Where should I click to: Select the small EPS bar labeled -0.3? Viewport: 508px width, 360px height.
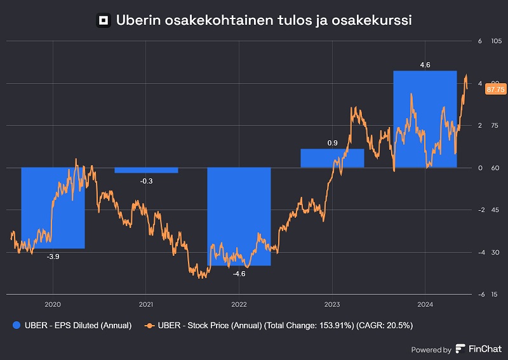[146, 170]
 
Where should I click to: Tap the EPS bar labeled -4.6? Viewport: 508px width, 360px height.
[239, 217]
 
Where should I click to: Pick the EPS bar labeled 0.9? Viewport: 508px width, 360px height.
[332, 158]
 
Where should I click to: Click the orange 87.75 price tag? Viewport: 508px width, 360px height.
[495, 90]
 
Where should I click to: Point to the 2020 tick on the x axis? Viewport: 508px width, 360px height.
[53, 303]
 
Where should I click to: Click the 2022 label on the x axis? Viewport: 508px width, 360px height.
[239, 303]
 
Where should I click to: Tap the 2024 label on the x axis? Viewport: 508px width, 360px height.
[425, 303]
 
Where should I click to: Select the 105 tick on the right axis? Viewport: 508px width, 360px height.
[497, 41]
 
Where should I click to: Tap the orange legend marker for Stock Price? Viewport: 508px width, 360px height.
[150, 325]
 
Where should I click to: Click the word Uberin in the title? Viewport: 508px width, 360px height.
[137, 21]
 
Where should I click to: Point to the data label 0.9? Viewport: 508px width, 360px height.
[332, 143]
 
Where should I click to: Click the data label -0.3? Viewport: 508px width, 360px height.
[146, 181]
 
